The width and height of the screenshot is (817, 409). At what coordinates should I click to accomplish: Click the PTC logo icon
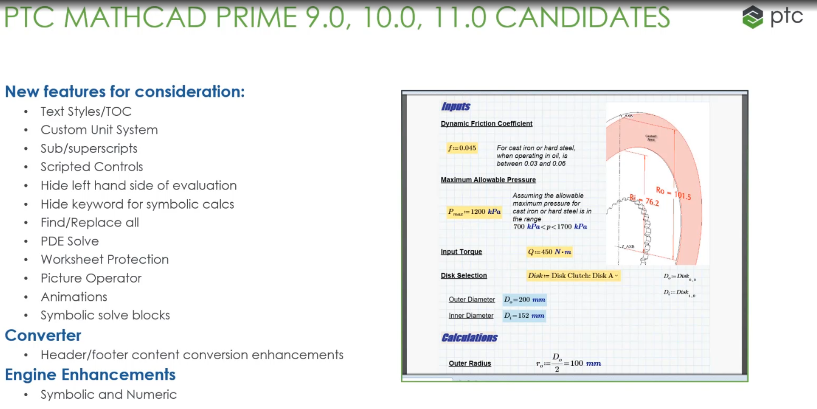click(x=752, y=17)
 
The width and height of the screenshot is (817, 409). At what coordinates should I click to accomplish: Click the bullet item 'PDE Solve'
click(x=70, y=241)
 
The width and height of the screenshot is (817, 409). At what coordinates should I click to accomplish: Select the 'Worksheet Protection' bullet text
click(x=105, y=259)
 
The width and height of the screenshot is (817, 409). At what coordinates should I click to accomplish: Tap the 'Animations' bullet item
click(x=74, y=297)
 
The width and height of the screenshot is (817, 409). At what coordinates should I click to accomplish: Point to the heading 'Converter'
click(x=43, y=335)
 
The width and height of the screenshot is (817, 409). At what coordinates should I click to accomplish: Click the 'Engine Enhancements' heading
click(x=90, y=375)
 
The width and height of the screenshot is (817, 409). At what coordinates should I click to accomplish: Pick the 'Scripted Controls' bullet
click(x=92, y=167)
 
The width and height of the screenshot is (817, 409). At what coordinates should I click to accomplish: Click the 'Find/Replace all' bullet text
click(x=89, y=222)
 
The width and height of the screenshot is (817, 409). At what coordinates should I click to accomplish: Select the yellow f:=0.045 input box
click(x=462, y=148)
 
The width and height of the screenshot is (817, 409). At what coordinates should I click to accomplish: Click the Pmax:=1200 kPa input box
click(x=474, y=212)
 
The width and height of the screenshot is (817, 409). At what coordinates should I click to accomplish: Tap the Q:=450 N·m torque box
click(x=550, y=252)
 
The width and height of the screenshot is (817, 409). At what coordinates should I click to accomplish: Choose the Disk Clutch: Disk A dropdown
click(x=573, y=276)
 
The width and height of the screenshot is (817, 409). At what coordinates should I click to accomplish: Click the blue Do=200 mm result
click(x=525, y=300)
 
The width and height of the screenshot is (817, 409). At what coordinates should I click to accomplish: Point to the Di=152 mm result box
click(x=524, y=316)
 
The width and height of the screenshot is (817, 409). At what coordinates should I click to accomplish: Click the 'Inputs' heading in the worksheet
click(x=456, y=106)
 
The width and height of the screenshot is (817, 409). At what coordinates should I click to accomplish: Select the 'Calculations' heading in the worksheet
click(x=469, y=338)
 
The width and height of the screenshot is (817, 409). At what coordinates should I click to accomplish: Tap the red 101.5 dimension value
click(x=683, y=196)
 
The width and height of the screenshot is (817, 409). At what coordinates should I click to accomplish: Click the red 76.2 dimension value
click(x=652, y=202)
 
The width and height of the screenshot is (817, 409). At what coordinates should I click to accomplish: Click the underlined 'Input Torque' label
click(x=461, y=252)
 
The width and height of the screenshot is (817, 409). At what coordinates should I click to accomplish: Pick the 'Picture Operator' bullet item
click(x=91, y=278)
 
